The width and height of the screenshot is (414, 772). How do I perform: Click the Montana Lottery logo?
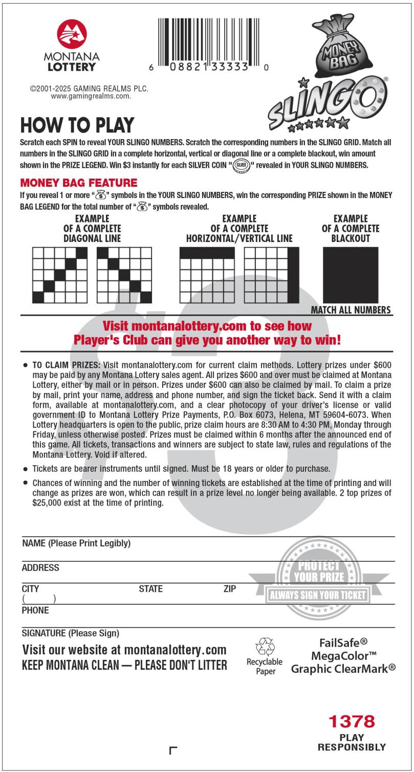(72, 45)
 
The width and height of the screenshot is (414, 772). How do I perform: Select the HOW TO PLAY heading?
(77, 125)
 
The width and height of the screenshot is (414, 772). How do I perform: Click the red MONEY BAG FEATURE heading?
(78, 183)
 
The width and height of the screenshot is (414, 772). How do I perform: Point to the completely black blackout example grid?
(351, 275)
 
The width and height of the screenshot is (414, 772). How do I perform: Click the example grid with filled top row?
(207, 275)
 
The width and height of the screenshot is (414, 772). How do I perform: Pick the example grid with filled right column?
(272, 275)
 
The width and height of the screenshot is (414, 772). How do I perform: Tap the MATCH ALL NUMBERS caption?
(351, 310)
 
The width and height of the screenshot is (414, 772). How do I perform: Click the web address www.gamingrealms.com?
(91, 96)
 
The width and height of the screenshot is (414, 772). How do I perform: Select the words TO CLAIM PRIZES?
(66, 365)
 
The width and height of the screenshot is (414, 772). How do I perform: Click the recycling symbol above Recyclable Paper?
(265, 647)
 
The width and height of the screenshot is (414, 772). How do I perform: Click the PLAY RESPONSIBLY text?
(352, 742)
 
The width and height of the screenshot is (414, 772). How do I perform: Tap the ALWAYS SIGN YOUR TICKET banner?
(318, 595)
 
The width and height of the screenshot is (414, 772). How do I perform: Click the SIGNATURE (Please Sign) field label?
(70, 633)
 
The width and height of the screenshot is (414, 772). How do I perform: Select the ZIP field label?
(230, 589)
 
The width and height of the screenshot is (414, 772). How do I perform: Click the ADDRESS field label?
(40, 567)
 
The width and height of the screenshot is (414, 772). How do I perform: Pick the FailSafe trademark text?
(343, 643)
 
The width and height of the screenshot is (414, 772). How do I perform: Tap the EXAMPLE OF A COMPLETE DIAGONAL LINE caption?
(92, 228)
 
